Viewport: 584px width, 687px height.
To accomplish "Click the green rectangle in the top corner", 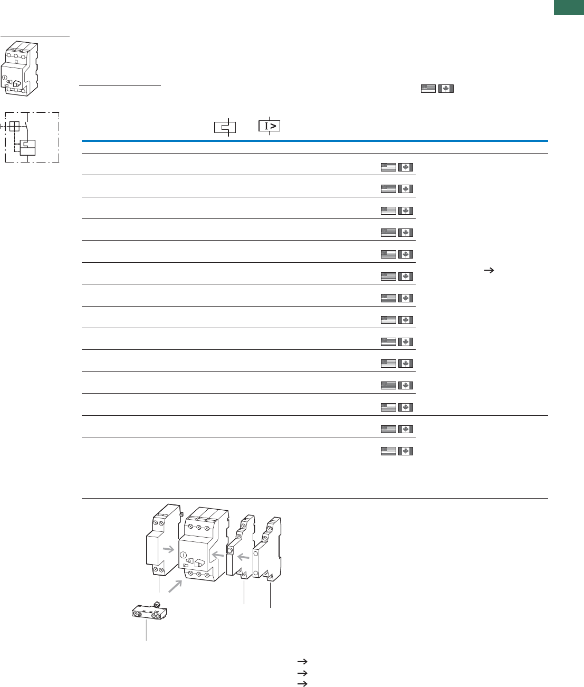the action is coord(569,7).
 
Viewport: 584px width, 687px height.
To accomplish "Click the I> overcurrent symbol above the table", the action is coord(269,126).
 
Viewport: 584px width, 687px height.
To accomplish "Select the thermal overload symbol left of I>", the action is coord(225,127).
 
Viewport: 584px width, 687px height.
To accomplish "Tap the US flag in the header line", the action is coord(428,89).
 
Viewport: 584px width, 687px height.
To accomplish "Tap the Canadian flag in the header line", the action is coord(446,89).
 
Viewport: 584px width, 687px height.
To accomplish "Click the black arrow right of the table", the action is coord(489,271).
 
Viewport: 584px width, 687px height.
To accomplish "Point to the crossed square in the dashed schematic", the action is coord(14,126).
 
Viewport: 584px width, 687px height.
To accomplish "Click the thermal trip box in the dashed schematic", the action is coord(27,148).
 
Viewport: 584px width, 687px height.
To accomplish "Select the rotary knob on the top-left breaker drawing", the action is coord(17,84).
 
